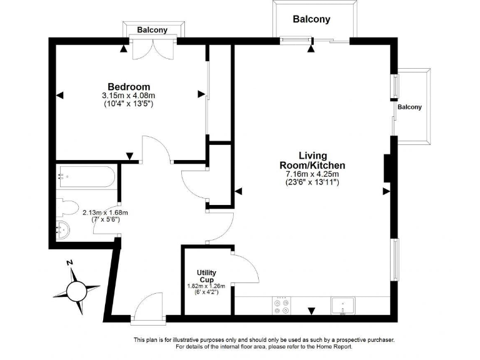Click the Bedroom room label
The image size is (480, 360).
click(129, 86)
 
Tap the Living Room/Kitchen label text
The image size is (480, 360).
click(312, 160)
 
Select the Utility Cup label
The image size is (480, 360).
click(206, 276)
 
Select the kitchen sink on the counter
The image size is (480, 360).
click(342, 306)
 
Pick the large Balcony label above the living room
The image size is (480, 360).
click(311, 19)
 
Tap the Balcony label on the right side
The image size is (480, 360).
click(409, 107)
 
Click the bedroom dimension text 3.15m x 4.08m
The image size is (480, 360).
click(128, 96)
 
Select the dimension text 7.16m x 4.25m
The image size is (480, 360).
click(312, 174)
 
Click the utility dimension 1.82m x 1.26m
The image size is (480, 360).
click(206, 286)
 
